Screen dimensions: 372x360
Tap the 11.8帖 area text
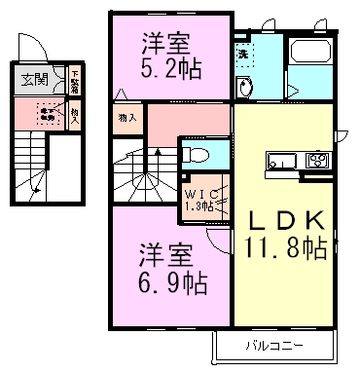point(287,247)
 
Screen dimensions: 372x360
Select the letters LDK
point(287,220)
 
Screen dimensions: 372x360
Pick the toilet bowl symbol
point(195,154)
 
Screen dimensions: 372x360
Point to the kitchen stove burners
point(316,161)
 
